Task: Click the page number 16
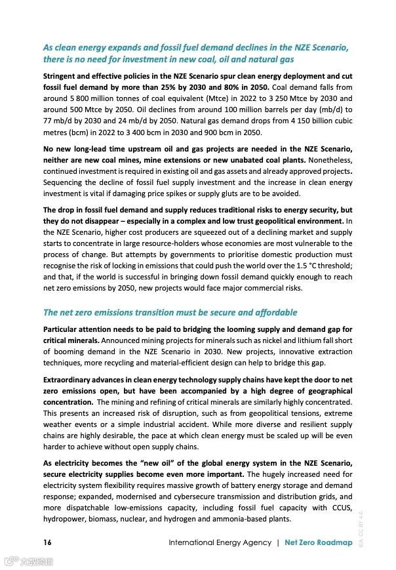(x=47, y=542)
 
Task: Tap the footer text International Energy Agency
(x=220, y=542)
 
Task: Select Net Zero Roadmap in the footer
(x=317, y=542)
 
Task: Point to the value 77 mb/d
(x=58, y=120)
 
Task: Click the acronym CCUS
(x=340, y=507)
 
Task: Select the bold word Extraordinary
(x=71, y=379)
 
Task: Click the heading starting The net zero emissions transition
(x=170, y=312)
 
